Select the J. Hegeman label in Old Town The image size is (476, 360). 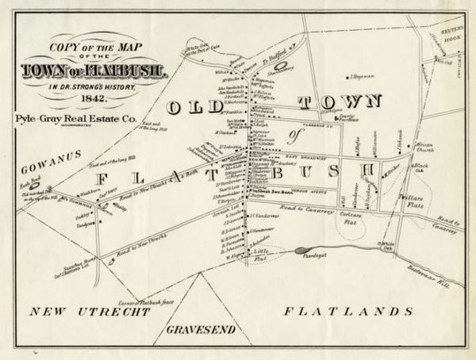pyautogui.click(x=361, y=76)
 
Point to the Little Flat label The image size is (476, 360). pyautogui.click(x=261, y=254)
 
